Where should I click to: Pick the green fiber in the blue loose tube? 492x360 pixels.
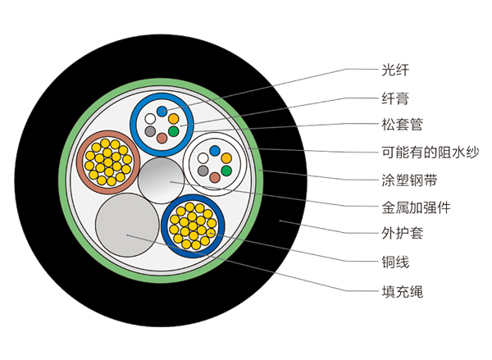(x=173, y=131)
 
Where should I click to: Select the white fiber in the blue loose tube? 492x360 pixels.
(x=149, y=119)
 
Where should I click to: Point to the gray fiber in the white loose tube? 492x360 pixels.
(x=203, y=170)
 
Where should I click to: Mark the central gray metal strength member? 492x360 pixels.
(x=161, y=180)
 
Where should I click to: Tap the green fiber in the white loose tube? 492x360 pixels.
(x=225, y=170)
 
